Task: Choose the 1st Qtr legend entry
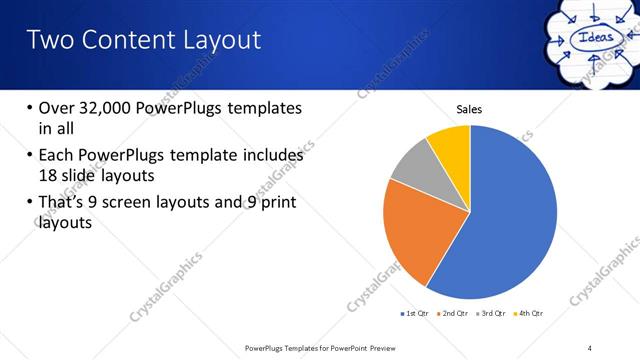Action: [x=414, y=314]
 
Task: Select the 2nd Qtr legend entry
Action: [x=454, y=314]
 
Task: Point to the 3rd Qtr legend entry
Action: [x=492, y=314]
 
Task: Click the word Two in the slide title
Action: [x=48, y=40]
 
